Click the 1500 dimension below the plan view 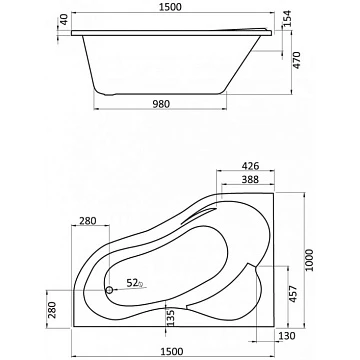tap(172, 351)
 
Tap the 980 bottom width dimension tap(161, 104)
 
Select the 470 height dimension tap(297, 60)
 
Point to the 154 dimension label tap(287, 19)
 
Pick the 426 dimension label tap(250, 166)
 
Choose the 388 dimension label tap(250, 179)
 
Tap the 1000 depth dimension tap(310, 260)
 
